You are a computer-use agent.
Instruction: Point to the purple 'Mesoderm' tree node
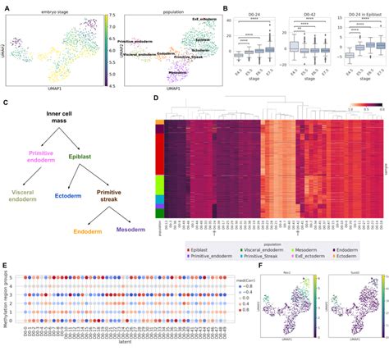coord(130,242)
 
